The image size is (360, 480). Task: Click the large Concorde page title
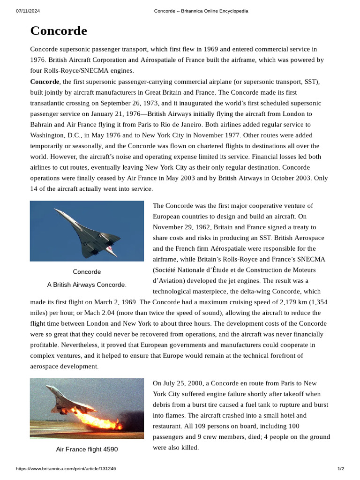59,31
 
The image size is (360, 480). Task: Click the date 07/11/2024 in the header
27,11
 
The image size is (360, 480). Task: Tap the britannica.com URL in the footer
66,469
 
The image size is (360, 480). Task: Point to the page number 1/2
341,469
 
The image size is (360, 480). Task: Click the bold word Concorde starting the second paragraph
45,82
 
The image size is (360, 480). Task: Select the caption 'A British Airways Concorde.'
87,285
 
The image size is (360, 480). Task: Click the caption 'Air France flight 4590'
87,450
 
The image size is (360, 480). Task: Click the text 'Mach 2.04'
117,313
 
